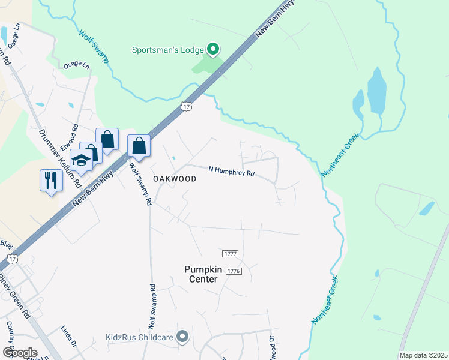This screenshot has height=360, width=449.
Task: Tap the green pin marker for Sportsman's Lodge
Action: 212,49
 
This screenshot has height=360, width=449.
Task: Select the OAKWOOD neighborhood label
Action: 175,179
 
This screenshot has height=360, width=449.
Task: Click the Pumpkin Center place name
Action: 205,274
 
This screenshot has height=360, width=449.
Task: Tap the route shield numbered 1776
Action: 234,272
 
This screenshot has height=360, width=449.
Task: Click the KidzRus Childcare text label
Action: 140,337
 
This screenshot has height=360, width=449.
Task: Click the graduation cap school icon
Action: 80,160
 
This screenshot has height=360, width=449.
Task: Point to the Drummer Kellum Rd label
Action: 61,159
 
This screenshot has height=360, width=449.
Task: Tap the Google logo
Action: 20,352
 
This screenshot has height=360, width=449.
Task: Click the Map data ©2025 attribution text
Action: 423,355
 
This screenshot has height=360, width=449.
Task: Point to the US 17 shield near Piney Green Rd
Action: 13,259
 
